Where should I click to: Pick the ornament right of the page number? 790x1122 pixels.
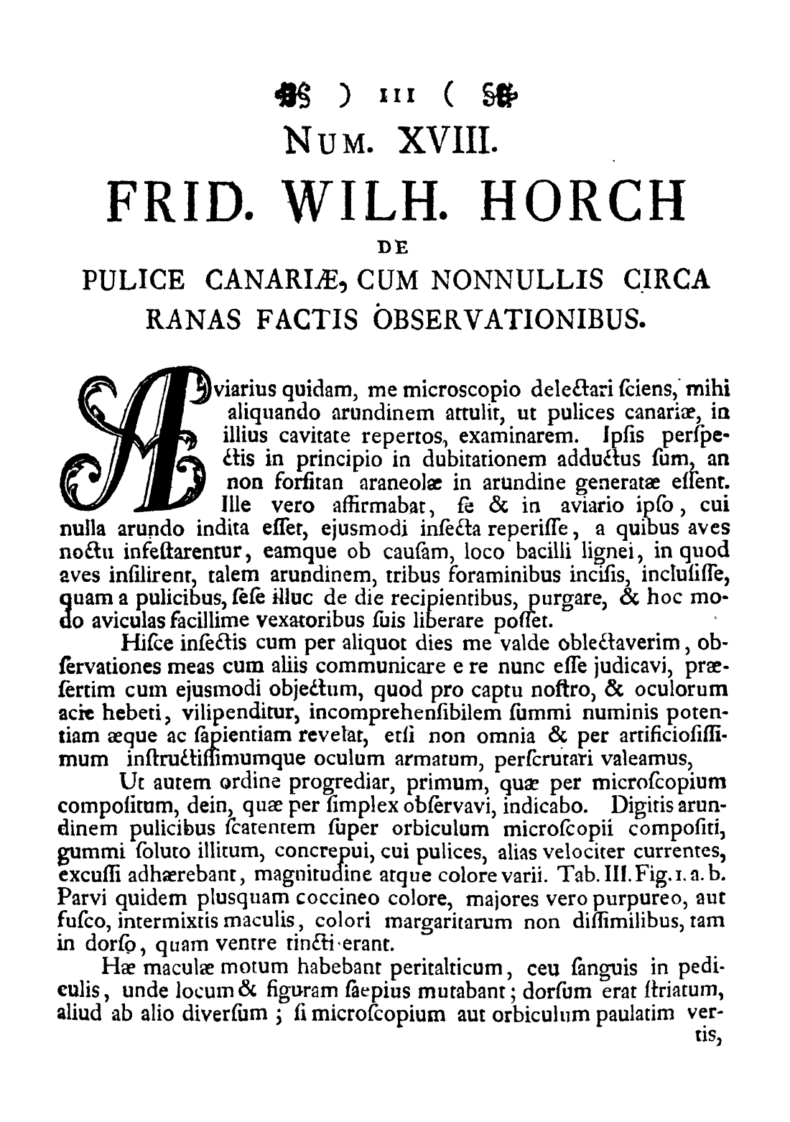point(488,94)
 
